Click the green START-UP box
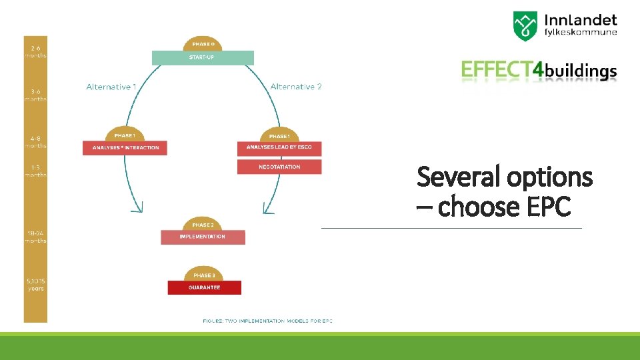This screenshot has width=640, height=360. [x=203, y=58]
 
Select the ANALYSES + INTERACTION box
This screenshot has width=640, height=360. [x=125, y=147]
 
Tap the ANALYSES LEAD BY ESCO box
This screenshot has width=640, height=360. [x=279, y=147]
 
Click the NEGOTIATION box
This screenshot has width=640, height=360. [x=279, y=167]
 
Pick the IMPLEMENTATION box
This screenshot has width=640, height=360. [x=203, y=237]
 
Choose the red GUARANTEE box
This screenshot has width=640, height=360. [x=204, y=287]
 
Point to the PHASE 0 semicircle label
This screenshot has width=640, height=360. [x=203, y=44]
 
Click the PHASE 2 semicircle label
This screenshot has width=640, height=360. [x=203, y=225]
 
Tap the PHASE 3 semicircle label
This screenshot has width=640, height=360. [x=204, y=275]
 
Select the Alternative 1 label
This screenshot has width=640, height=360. [x=111, y=87]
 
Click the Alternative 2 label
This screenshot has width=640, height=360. [x=296, y=87]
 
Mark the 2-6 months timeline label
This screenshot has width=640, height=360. [x=35, y=51]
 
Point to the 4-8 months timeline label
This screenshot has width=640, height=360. [x=35, y=141]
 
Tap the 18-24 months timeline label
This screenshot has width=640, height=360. [x=35, y=237]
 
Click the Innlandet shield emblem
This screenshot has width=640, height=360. [x=526, y=25]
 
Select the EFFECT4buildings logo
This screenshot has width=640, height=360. [x=539, y=70]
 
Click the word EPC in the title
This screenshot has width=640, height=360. [x=548, y=207]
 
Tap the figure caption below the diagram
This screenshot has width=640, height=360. [x=267, y=321]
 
